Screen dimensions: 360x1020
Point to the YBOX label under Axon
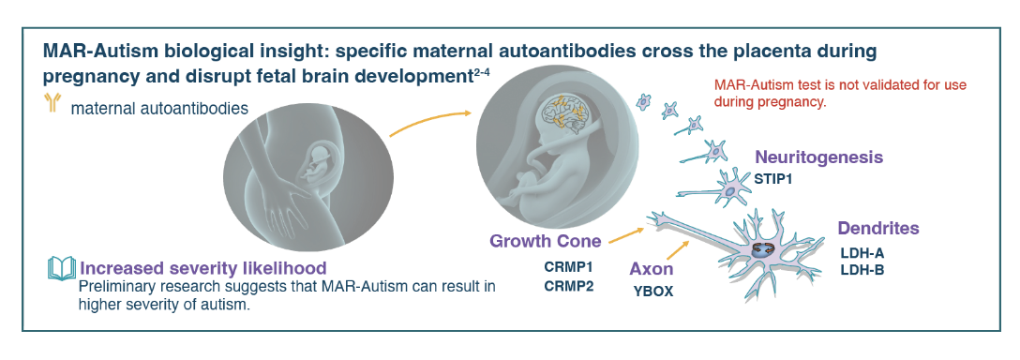tap(653, 292)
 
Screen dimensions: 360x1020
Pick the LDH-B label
tap(862, 270)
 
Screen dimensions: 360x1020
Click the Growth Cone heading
tap(545, 242)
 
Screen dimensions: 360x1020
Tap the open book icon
tap(62, 268)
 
